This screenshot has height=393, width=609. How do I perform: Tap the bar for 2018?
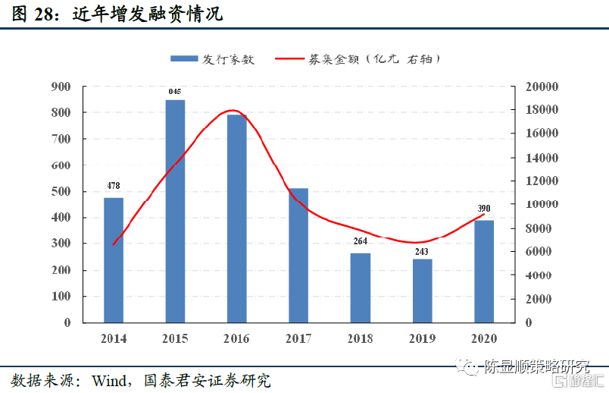[x=361, y=288]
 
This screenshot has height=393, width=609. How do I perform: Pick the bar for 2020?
[x=484, y=271]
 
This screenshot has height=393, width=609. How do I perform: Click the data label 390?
[x=484, y=209]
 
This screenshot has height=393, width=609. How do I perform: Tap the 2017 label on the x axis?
[x=298, y=338]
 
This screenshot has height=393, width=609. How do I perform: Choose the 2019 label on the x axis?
[x=422, y=338]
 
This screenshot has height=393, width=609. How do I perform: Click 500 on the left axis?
[x=61, y=191]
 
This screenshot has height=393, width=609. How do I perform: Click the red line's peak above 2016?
[x=233, y=110]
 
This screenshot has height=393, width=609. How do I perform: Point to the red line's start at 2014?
[x=114, y=244]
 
